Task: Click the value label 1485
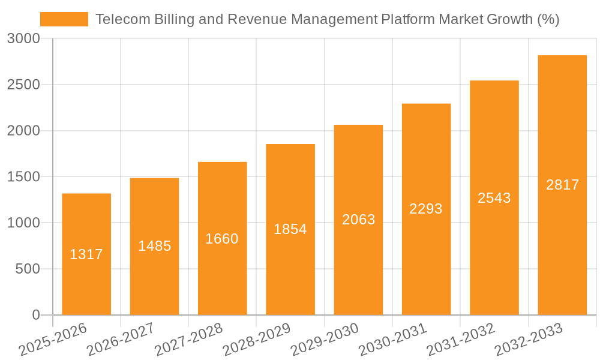pyautogui.click(x=155, y=246)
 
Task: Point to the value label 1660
pyautogui.click(x=222, y=239)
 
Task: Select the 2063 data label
pyautogui.click(x=359, y=220)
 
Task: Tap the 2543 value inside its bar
pyautogui.click(x=494, y=198)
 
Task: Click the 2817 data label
pyautogui.click(x=563, y=185)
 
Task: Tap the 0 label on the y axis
pyautogui.click(x=36, y=315)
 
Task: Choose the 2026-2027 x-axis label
pyautogui.click(x=121, y=340)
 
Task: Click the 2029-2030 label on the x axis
pyautogui.click(x=325, y=340)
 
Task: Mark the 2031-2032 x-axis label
pyautogui.click(x=460, y=340)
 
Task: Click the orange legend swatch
pyautogui.click(x=64, y=19)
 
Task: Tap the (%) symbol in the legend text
pyautogui.click(x=548, y=19)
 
